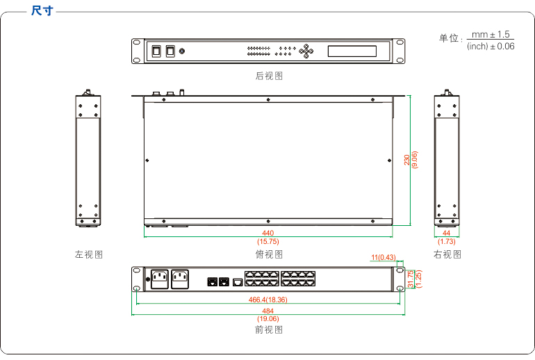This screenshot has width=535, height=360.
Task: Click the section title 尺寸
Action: (x=42, y=11)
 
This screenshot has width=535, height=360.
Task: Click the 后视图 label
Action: (x=269, y=76)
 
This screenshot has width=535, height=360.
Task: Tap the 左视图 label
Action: (x=89, y=254)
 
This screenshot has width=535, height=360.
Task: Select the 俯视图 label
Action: (x=269, y=254)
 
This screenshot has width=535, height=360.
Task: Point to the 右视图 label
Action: (x=447, y=254)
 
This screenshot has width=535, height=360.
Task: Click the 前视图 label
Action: (x=269, y=329)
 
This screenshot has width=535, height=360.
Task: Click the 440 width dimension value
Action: (x=268, y=233)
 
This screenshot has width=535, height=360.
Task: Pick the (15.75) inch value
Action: (x=268, y=241)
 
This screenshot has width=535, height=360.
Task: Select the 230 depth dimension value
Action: (x=407, y=160)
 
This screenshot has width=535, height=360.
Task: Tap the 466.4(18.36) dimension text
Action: (x=268, y=300)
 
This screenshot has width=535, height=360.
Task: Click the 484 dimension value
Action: (x=268, y=311)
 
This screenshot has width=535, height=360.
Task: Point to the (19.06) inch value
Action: (x=268, y=319)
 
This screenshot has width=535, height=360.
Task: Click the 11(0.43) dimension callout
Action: (x=383, y=257)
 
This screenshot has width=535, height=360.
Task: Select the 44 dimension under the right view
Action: (x=447, y=233)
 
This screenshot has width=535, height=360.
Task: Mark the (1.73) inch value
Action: (x=447, y=241)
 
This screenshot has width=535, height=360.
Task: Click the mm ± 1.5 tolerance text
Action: (x=491, y=34)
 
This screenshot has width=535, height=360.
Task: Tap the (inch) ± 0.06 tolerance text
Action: (x=491, y=46)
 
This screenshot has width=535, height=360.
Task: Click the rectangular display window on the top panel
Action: (x=352, y=51)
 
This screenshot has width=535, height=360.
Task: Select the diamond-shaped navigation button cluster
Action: (x=306, y=51)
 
